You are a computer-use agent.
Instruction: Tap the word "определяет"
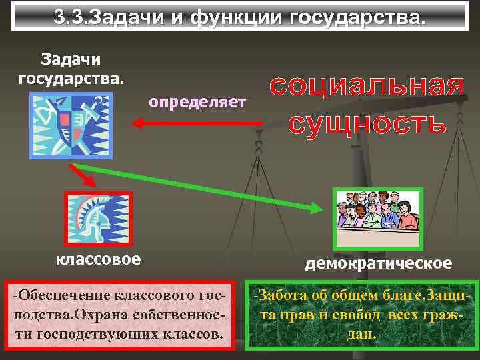pos(197,102)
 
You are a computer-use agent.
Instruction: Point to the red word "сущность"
pos(367,123)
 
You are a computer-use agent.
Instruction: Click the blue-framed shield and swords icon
pos(71,125)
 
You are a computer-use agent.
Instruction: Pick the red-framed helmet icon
pos(98,218)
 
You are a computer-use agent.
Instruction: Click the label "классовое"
pos(98,259)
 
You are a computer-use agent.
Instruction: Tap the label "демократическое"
pos(378,263)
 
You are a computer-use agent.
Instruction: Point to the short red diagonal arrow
pos(84,175)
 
